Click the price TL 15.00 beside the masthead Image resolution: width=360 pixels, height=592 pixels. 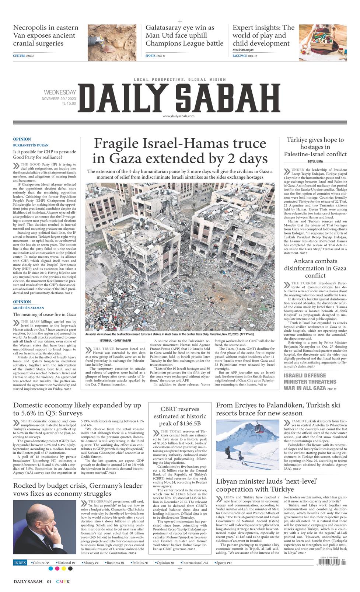coord(69,104)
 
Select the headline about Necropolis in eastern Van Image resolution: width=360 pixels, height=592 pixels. coord(46,35)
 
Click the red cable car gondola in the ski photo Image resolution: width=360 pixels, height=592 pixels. coord(258,429)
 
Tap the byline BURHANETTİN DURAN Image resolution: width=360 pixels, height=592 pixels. coord(31,145)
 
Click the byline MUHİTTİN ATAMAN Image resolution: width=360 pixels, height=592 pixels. coord(29,307)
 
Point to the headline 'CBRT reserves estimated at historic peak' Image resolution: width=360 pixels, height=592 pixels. coord(180,416)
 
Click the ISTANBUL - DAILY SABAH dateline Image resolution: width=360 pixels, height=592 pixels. coord(110,340)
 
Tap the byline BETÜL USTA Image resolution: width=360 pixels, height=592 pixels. coord(315,161)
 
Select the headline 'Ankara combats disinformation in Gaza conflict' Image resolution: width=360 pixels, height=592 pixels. coord(315,268)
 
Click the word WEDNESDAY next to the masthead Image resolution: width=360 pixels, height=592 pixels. coord(60,93)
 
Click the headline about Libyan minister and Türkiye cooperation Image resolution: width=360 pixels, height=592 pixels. coord(267,485)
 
